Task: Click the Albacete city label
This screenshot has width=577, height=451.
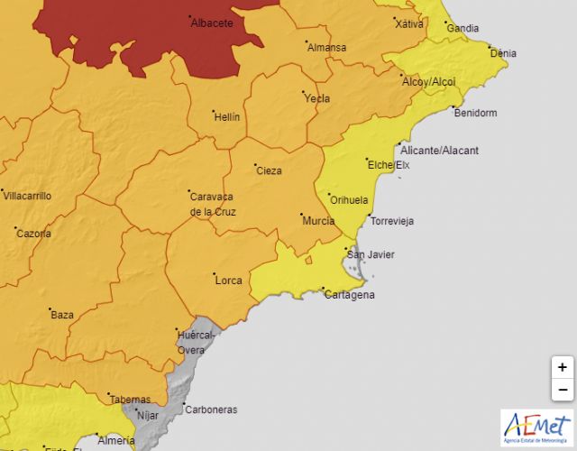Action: pos(212,23)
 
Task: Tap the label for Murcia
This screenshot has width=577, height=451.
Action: pos(319,221)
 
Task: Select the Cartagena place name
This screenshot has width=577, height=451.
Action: pos(352,295)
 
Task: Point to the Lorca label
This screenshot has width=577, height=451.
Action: pos(228,281)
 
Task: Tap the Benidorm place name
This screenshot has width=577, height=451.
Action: pos(475,114)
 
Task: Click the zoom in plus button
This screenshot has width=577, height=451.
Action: pos(563,368)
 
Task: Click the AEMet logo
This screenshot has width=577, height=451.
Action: pos(536,427)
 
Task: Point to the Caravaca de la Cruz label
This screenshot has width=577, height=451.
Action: pos(212,204)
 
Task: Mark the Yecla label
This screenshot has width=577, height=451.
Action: pos(317,98)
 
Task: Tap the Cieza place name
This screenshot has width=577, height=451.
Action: pos(269,170)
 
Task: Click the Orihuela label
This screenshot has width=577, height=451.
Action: pos(350,200)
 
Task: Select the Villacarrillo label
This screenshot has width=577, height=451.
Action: pos(27,196)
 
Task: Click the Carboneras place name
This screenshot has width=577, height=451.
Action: pos(210,410)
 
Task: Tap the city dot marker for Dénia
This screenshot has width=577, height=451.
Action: pos(488,47)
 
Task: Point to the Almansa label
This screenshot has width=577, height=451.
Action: pos(326,48)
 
